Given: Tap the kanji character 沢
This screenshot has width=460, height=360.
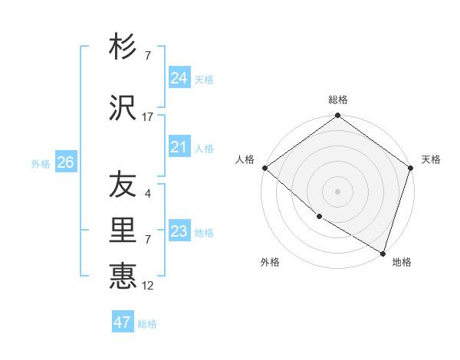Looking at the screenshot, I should point(123,109).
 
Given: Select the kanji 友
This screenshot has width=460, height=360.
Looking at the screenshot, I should point(123,185).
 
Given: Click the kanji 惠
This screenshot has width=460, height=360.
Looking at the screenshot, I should point(123,276).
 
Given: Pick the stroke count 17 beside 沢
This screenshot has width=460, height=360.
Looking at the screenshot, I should point(148,117).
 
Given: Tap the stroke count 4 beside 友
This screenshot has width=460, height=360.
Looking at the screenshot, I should point(148,194).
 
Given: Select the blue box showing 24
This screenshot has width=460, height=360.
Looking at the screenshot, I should point(179,78).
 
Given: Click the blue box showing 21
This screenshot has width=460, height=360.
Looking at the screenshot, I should point(179,147).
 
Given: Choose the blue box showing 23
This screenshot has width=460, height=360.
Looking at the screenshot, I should point(179,231).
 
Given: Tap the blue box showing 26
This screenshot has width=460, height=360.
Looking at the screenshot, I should point(65,162).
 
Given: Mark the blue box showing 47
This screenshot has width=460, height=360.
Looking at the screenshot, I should point(123,322).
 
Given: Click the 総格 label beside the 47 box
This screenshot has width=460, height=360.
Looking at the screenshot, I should point(147,324).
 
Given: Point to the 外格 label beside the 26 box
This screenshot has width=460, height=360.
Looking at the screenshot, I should point(41,164).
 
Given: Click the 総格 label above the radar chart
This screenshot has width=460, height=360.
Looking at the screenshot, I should point(338,100).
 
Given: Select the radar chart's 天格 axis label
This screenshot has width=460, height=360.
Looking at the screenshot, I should point(431,159).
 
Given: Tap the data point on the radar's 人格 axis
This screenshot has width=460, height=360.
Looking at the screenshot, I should point(264,168).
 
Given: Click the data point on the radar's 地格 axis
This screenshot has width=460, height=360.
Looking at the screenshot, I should point(383,252).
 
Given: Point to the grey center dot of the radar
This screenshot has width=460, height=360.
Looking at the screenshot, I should point(337,191).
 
